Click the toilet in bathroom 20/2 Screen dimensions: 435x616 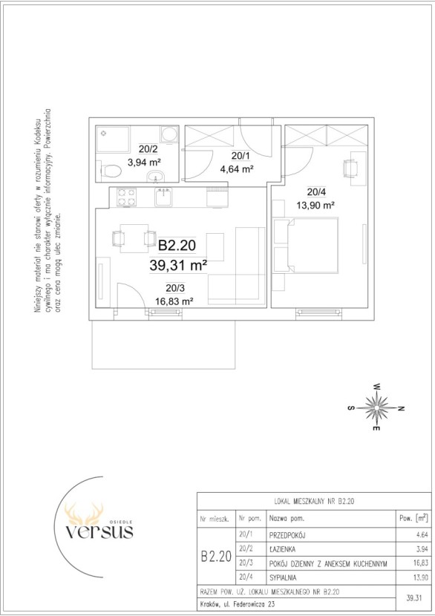pos(110,171)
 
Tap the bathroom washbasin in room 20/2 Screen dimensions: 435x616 pos(157,177)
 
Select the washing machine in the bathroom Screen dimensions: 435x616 pos(169,134)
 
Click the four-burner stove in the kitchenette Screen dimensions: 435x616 pos(126,197)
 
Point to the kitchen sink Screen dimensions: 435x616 pos(163,197)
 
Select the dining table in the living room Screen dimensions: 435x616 pos(134,238)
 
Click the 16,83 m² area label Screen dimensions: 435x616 pos(174,302)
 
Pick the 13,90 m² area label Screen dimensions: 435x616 pos(315,205)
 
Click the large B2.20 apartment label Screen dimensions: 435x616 pos(177,246)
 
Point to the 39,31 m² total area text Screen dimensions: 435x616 pos(178,266)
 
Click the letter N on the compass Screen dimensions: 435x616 pos(401,409)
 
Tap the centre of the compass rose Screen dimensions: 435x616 pos(376,408)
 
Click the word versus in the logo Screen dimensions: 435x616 pos(99,532)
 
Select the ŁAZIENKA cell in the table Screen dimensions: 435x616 pos(282,549)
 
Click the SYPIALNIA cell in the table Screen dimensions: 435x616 pos(283,578)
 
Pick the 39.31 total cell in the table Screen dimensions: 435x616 pos(413,598)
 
